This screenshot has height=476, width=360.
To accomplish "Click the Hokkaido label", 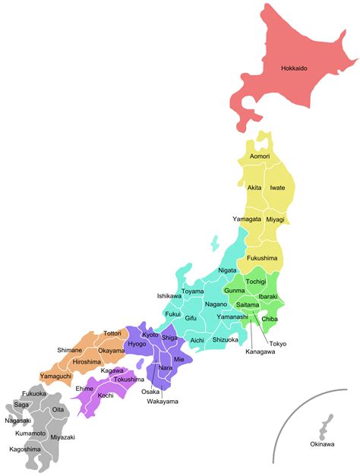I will [294, 68].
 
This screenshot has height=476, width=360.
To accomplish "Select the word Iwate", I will [277, 187].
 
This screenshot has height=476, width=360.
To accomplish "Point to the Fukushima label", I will [261, 258].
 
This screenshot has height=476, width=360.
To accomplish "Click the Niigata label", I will [227, 270].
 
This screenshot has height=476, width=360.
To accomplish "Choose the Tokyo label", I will [278, 344].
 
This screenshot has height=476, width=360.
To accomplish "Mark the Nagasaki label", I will [17, 421].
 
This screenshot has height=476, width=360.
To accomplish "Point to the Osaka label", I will [150, 392].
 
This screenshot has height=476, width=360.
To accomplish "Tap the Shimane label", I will [70, 350].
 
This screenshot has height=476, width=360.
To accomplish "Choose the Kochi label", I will [106, 396].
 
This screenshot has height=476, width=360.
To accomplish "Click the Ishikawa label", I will [169, 295].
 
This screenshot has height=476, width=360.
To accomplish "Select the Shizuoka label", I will [226, 339].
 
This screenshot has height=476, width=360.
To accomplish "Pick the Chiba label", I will [270, 319].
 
